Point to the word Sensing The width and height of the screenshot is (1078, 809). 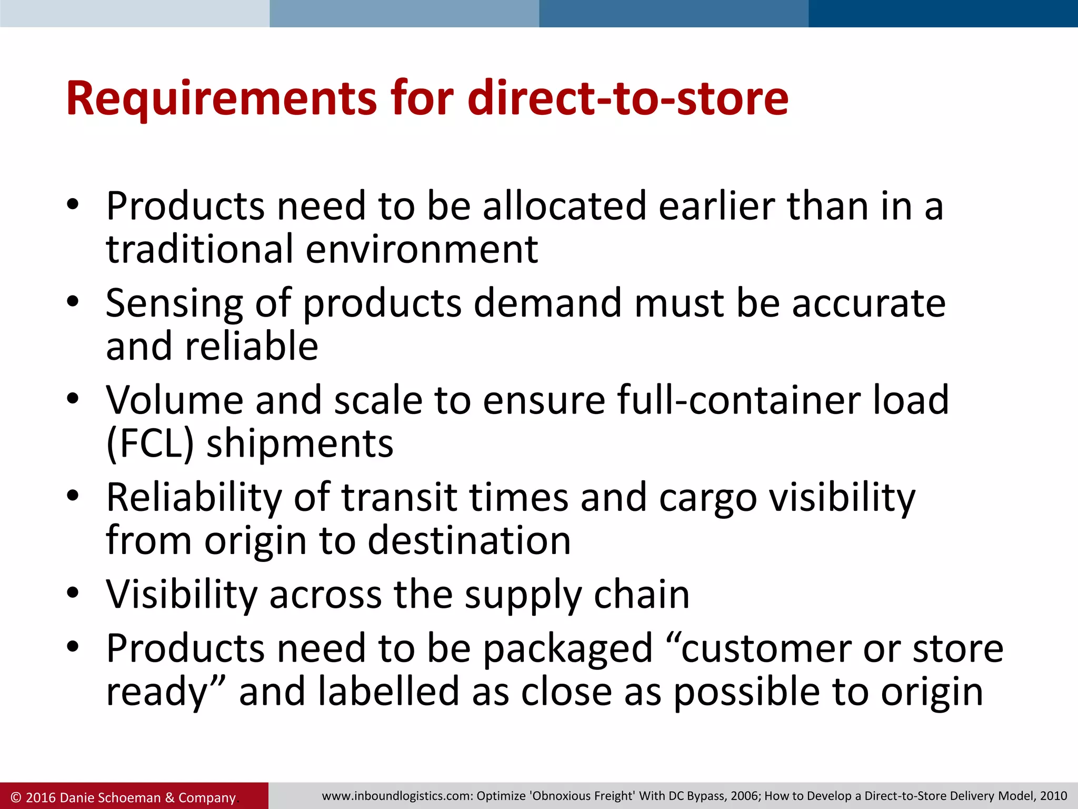coord(174,304)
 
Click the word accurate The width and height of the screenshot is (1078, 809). coord(869,304)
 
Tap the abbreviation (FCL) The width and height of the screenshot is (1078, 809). coord(150,443)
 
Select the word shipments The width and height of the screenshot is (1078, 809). coord(300,443)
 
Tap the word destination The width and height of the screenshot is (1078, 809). coord(469,541)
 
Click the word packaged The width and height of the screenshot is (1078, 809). coord(568,649)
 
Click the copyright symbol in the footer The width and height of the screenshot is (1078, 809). coord(16,797)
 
